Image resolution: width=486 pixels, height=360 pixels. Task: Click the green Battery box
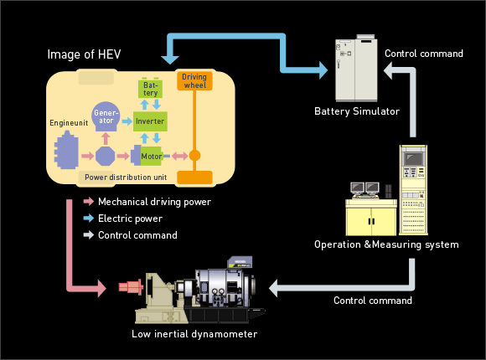(150, 88)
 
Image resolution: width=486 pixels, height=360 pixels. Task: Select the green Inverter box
(150, 121)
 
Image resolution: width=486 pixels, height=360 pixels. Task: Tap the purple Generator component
(106, 116)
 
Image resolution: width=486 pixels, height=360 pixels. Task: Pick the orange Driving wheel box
(194, 81)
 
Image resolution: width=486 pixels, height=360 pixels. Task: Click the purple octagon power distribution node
(105, 156)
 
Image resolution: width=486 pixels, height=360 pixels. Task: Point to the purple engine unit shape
(66, 150)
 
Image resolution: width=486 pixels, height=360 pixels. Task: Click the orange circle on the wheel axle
(194, 155)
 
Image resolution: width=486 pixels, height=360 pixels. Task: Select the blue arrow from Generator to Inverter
(127, 121)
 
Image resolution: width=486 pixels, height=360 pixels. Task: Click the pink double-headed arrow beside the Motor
(180, 156)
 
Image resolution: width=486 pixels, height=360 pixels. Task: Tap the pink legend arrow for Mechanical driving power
(89, 202)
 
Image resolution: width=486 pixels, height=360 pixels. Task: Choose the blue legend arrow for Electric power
(89, 219)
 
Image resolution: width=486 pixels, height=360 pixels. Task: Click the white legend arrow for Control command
(89, 235)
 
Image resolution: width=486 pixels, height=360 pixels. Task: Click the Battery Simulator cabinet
(356, 69)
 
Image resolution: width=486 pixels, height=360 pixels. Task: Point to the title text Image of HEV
(84, 54)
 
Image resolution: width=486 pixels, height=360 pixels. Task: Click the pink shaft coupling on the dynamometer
(131, 286)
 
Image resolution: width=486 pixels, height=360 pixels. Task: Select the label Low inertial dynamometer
(194, 334)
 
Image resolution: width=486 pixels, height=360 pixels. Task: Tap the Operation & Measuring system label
(386, 244)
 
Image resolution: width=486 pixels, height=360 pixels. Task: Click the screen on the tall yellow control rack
(413, 158)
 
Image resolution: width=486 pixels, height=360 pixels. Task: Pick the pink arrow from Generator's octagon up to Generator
(106, 138)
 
